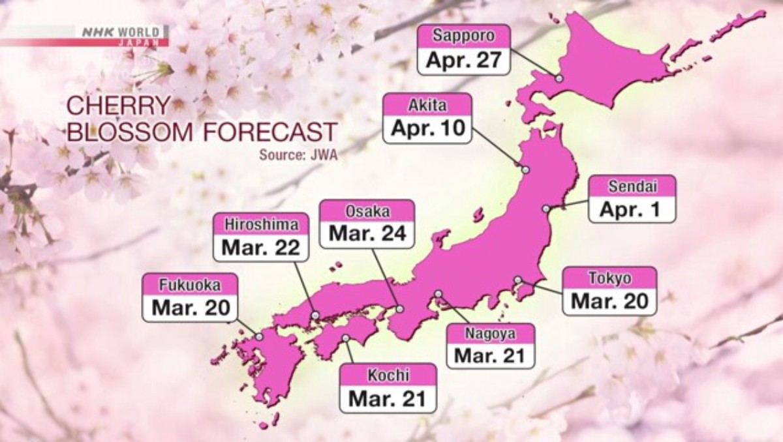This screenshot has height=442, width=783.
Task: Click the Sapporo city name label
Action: (464, 35)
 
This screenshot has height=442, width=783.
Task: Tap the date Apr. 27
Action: (464, 59)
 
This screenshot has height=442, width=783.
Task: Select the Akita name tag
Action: (427, 104)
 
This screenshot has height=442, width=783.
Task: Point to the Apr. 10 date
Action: (427, 128)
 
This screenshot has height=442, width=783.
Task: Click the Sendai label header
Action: (632, 186)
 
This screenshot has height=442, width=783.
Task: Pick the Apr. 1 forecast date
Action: (632, 210)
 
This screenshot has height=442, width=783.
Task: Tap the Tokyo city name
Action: (609, 278)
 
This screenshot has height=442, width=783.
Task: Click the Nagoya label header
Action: (490, 334)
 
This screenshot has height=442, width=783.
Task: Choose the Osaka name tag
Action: (367, 211)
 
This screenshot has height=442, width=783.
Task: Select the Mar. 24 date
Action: (367, 234)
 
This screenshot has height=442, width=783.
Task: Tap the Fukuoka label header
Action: (191, 285)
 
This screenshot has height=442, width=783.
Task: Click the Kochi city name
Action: (388, 375)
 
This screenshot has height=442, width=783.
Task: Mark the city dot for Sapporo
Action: (559, 78)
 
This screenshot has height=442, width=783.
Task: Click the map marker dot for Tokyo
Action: (517, 280)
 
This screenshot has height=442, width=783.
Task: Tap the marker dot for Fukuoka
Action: (260, 337)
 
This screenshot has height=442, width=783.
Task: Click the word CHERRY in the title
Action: (118, 106)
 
